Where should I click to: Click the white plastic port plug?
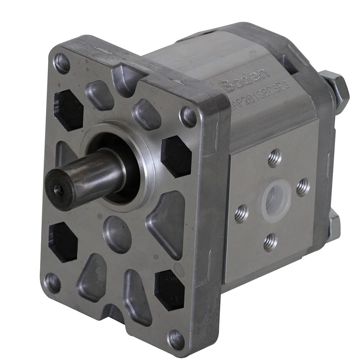pyautogui.click(x=276, y=199)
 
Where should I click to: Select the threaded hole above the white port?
pyautogui.click(x=275, y=159)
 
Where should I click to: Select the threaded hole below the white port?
pyautogui.click(x=270, y=242)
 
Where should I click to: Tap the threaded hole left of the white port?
pyautogui.click(x=241, y=213)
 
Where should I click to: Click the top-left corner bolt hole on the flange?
pyautogui.click(x=62, y=63)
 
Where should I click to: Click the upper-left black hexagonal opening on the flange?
pyautogui.click(x=69, y=110)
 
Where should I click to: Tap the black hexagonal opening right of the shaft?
pyautogui.click(x=176, y=157)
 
